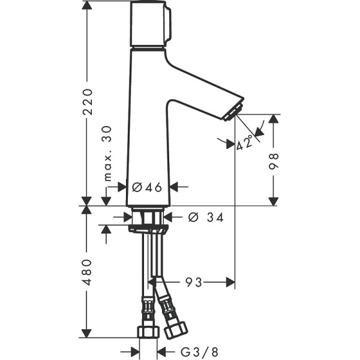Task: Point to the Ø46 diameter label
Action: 148,187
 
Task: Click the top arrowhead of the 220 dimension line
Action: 88,5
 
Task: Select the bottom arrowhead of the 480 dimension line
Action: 88,333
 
